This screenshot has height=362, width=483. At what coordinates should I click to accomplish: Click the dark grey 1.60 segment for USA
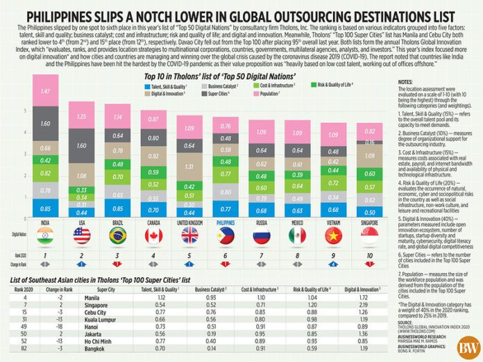pyautogui.click(x=81, y=147)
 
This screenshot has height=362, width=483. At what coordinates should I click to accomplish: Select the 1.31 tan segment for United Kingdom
pyautogui.click(x=189, y=167)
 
